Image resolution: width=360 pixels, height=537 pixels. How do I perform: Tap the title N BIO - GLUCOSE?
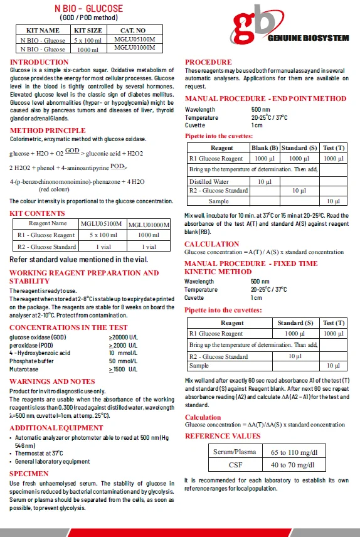[x=88, y=8]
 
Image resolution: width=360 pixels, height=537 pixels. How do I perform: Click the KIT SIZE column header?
[x=88, y=30]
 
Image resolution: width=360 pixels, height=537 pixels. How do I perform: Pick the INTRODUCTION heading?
[x=40, y=62]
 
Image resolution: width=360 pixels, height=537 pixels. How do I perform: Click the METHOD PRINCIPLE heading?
[x=48, y=130]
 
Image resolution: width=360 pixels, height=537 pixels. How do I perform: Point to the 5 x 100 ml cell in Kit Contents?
[x=103, y=235]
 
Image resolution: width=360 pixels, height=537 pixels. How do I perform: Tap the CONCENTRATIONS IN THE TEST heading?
[x=68, y=327]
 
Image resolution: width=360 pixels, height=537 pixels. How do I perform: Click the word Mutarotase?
[x=25, y=370]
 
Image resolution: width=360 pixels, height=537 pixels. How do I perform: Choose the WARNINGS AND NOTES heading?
[x=52, y=381]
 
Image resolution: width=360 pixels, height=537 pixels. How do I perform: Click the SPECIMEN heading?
[x=29, y=474]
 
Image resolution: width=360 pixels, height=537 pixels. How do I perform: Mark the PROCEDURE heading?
[x=208, y=62]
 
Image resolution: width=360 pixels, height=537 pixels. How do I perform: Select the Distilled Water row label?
[x=209, y=182]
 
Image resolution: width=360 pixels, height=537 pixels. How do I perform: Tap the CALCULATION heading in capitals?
[x=211, y=244]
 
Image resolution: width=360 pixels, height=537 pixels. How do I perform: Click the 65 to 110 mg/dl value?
[x=294, y=452]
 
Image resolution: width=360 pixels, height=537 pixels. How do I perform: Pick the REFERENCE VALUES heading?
[x=223, y=435]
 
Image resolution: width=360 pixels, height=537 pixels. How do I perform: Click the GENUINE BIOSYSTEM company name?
[x=308, y=38]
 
